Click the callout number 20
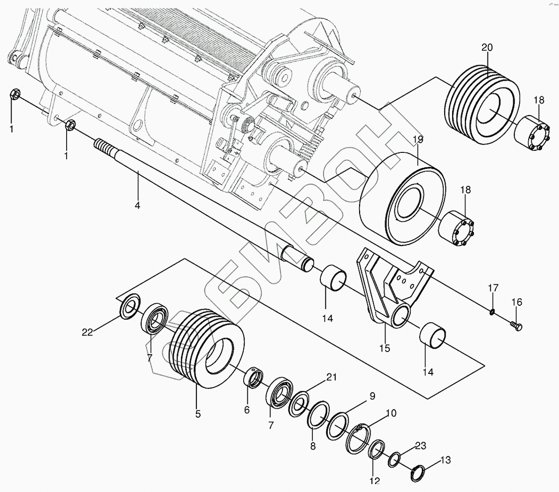coord(487,48)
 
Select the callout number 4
coord(137,205)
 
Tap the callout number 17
coord(492,288)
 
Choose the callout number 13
coord(445,461)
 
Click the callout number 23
coord(421,446)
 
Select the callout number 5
coord(198,413)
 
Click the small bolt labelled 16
coord(516,326)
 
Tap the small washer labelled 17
coord(491,312)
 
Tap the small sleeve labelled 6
coord(254,378)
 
